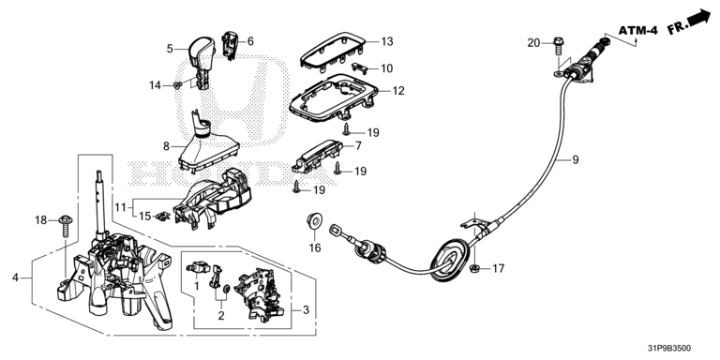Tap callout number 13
coord(387,41)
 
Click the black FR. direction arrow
coord(698,19)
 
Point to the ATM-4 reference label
coord(637,31)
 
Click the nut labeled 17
coord(475,268)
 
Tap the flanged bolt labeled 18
coord(66,226)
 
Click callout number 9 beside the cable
coord(576,159)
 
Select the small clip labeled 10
coord(361,67)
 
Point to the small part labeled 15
coord(161,217)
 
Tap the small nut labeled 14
coord(177,85)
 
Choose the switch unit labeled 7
coord(318,156)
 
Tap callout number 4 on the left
coord(16,277)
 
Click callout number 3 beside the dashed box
coord(306,310)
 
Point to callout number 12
coord(398,91)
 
